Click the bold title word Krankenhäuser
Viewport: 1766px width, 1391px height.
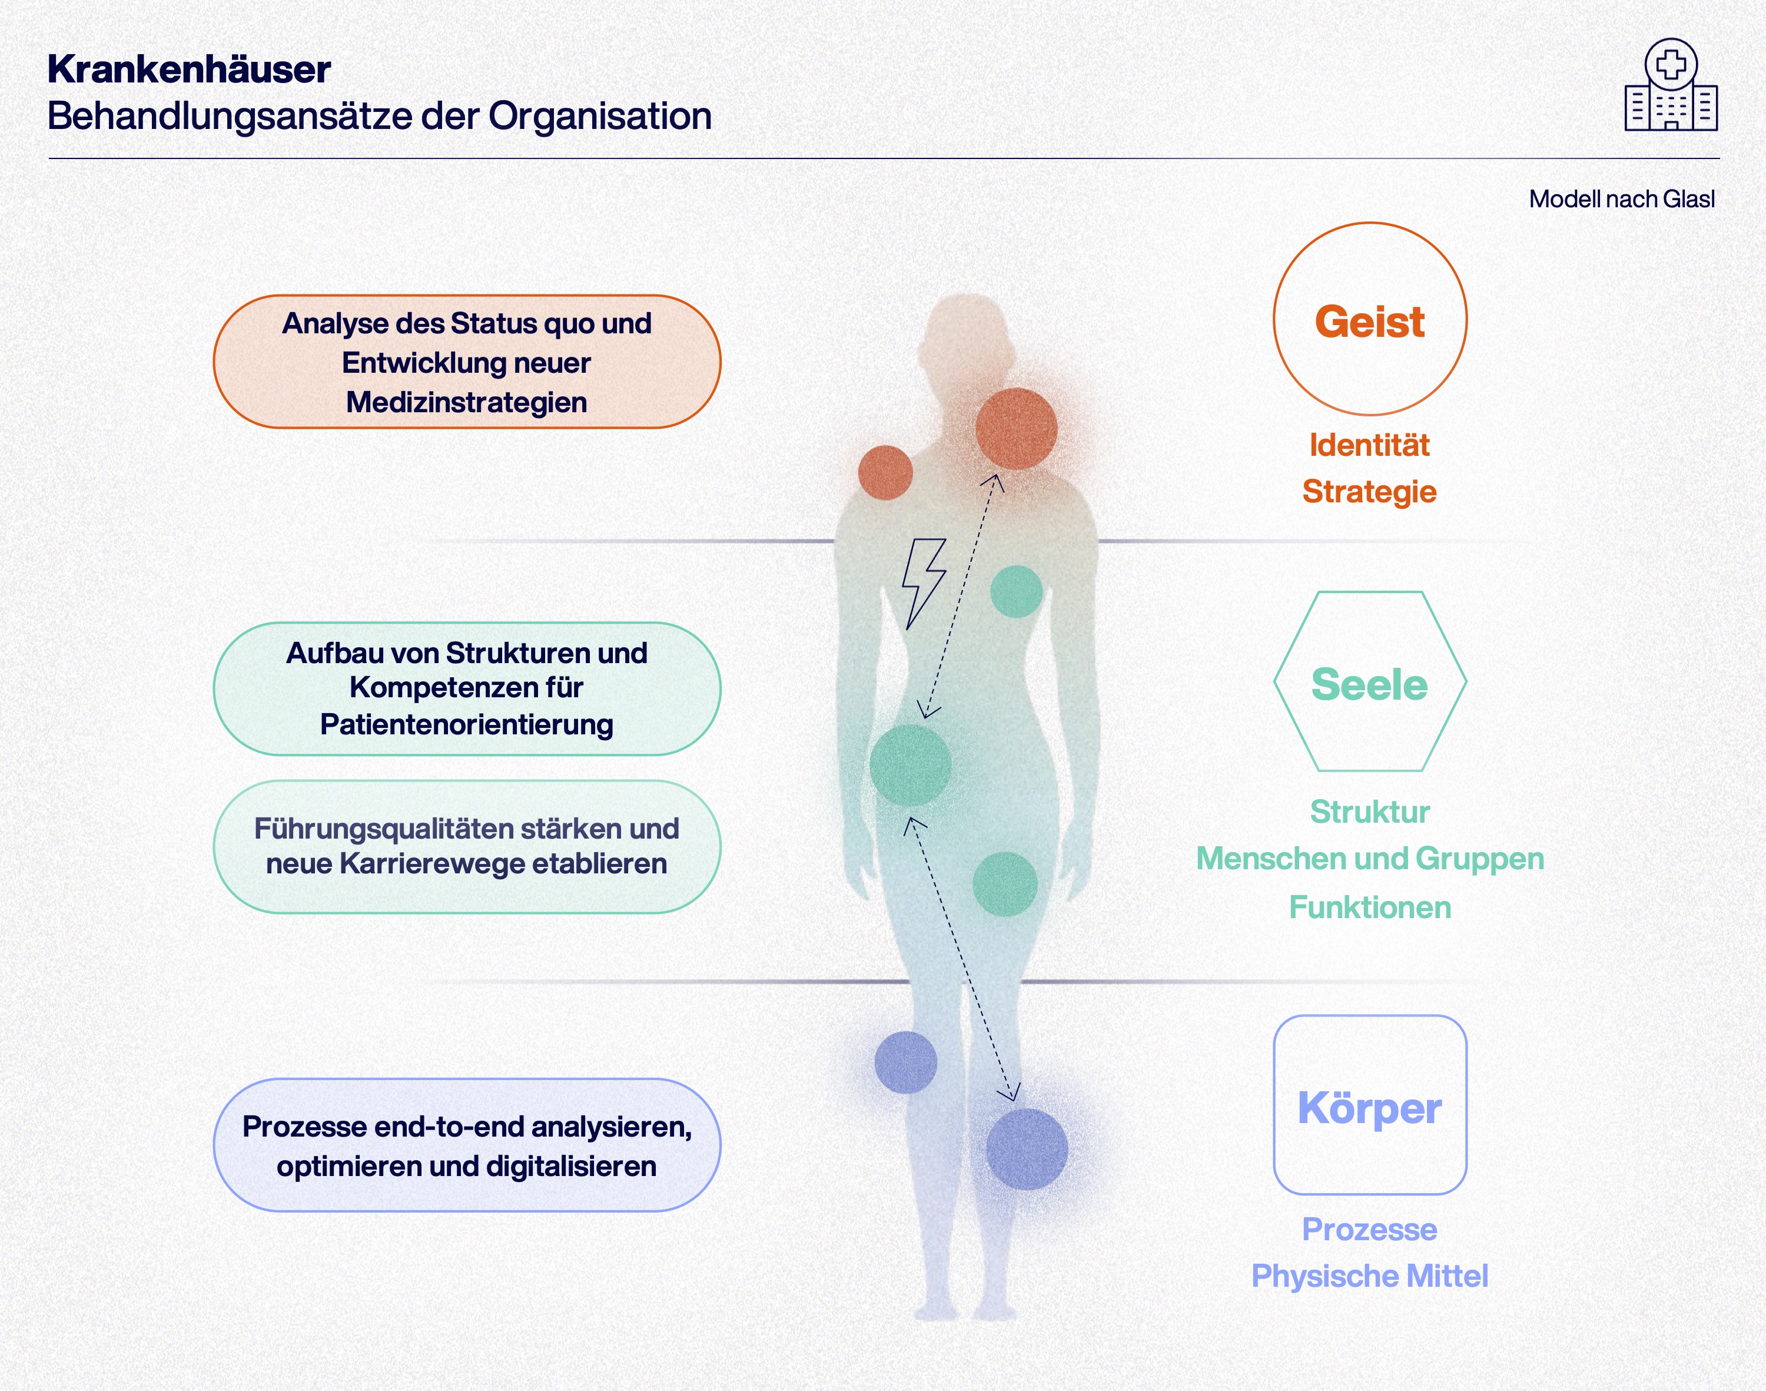point(189,69)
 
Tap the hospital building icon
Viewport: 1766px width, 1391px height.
point(1671,87)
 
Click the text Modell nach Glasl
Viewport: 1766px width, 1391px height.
point(1621,198)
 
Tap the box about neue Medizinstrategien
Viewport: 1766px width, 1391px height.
point(467,362)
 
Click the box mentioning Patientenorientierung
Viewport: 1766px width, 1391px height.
point(467,689)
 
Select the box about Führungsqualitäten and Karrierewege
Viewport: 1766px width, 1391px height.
point(467,846)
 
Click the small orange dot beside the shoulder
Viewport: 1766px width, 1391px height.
point(885,472)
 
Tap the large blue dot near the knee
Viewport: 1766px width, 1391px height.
point(1027,1148)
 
